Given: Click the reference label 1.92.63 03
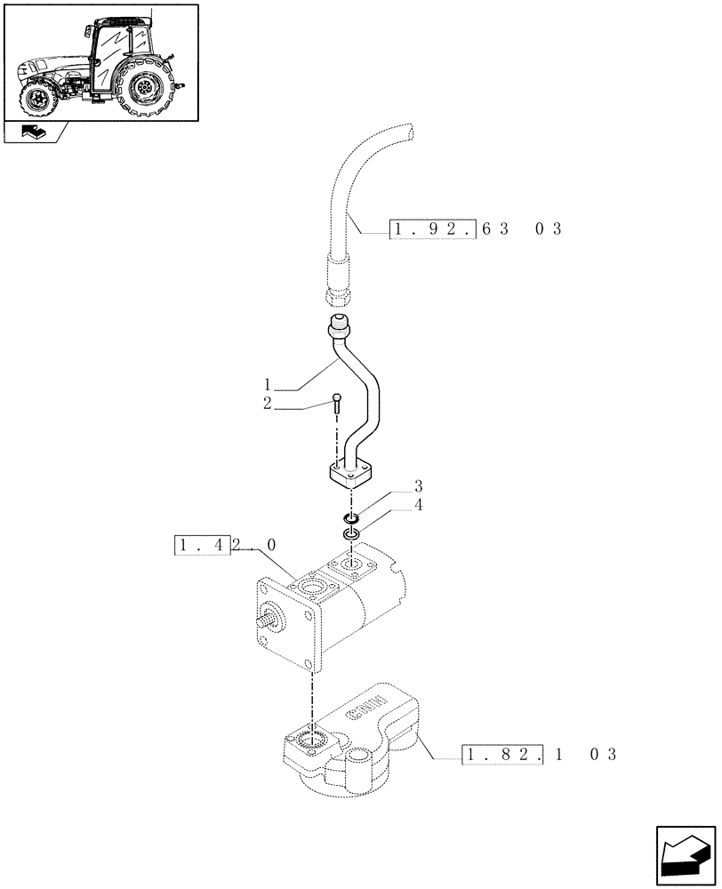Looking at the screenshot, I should (476, 229).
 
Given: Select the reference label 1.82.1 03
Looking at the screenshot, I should (539, 755).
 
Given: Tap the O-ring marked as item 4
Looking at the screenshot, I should (351, 534).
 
